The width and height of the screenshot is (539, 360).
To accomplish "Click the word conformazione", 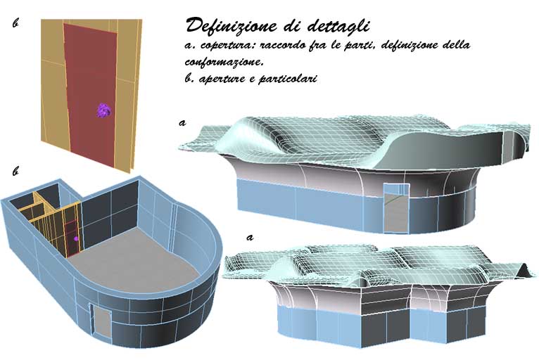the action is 224,62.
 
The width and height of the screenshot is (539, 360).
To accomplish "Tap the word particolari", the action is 287,79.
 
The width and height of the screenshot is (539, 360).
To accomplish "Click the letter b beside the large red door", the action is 15,23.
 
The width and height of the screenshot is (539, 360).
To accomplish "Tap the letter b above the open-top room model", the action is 15,171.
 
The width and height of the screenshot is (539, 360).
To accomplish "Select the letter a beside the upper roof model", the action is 182,122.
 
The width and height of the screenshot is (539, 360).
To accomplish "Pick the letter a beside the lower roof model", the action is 250,238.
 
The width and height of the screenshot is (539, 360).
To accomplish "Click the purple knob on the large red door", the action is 103,110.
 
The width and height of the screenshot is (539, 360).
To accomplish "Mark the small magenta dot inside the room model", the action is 76,238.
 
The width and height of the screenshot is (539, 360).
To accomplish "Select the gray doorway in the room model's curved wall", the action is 102,321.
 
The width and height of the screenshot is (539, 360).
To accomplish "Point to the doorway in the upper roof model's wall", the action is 396,209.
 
